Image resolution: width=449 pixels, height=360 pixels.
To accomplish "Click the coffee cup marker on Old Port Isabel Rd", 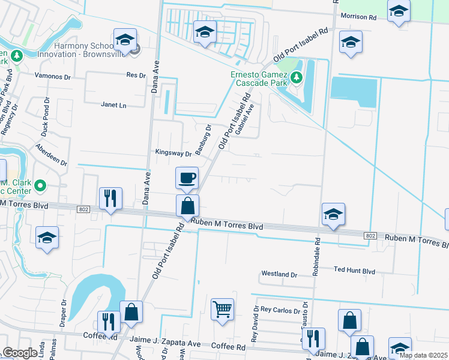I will [x=186, y=178].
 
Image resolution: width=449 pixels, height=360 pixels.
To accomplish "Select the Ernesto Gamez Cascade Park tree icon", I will [x=296, y=77].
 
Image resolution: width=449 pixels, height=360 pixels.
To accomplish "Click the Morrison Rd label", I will [x=358, y=17].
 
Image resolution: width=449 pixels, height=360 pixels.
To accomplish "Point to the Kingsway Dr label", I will [x=173, y=153].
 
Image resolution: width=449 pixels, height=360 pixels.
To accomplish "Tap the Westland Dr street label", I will [x=279, y=274].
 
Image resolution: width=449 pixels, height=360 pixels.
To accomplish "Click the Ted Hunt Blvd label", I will [x=354, y=271].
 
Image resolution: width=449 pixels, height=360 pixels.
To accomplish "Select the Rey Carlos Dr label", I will [x=280, y=310].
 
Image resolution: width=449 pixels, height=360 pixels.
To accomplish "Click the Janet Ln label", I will [x=113, y=104].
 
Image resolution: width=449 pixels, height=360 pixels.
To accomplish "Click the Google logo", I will [x=20, y=353].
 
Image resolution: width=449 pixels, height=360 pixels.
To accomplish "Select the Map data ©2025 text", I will [x=423, y=355].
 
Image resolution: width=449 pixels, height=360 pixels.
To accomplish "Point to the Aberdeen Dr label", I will [x=52, y=155].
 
